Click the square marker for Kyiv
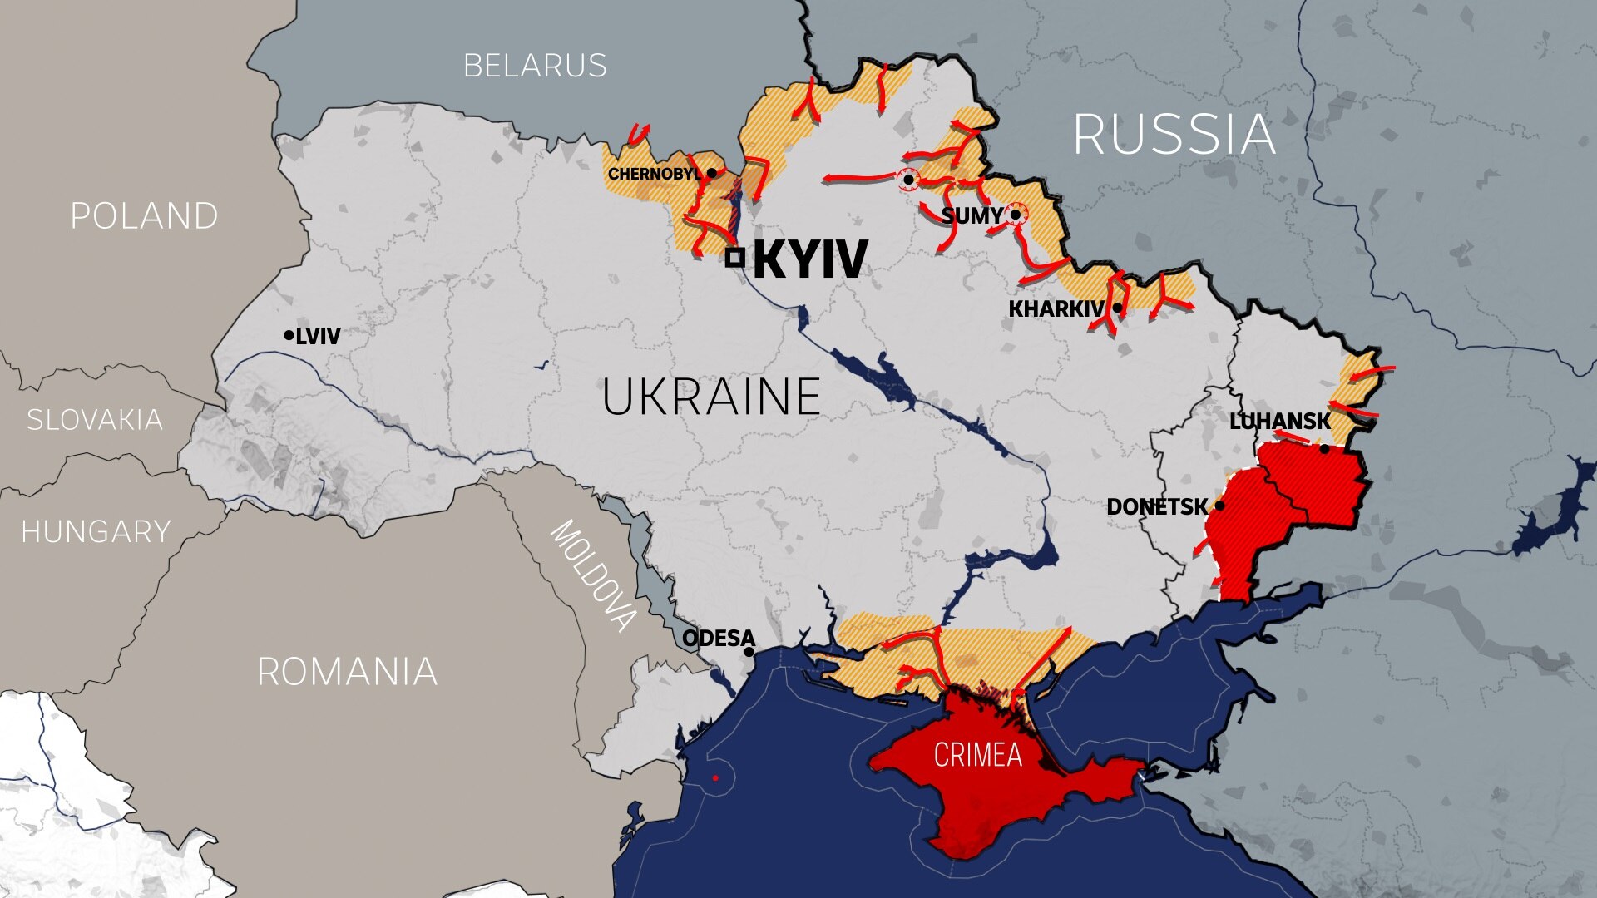point(734,258)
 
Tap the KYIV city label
point(810,259)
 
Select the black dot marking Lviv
point(289,335)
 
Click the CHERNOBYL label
point(654,174)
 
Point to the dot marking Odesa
point(749,652)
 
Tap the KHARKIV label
point(1056,308)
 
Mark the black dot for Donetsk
point(1219,506)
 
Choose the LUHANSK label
point(1279,422)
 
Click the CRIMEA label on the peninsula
point(977,755)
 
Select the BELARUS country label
point(535,66)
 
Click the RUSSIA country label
point(1174,134)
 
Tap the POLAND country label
point(144,216)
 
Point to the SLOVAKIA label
point(94,420)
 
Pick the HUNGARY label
point(96,531)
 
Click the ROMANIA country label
point(347,672)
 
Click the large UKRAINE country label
point(711,397)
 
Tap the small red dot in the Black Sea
point(714,778)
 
